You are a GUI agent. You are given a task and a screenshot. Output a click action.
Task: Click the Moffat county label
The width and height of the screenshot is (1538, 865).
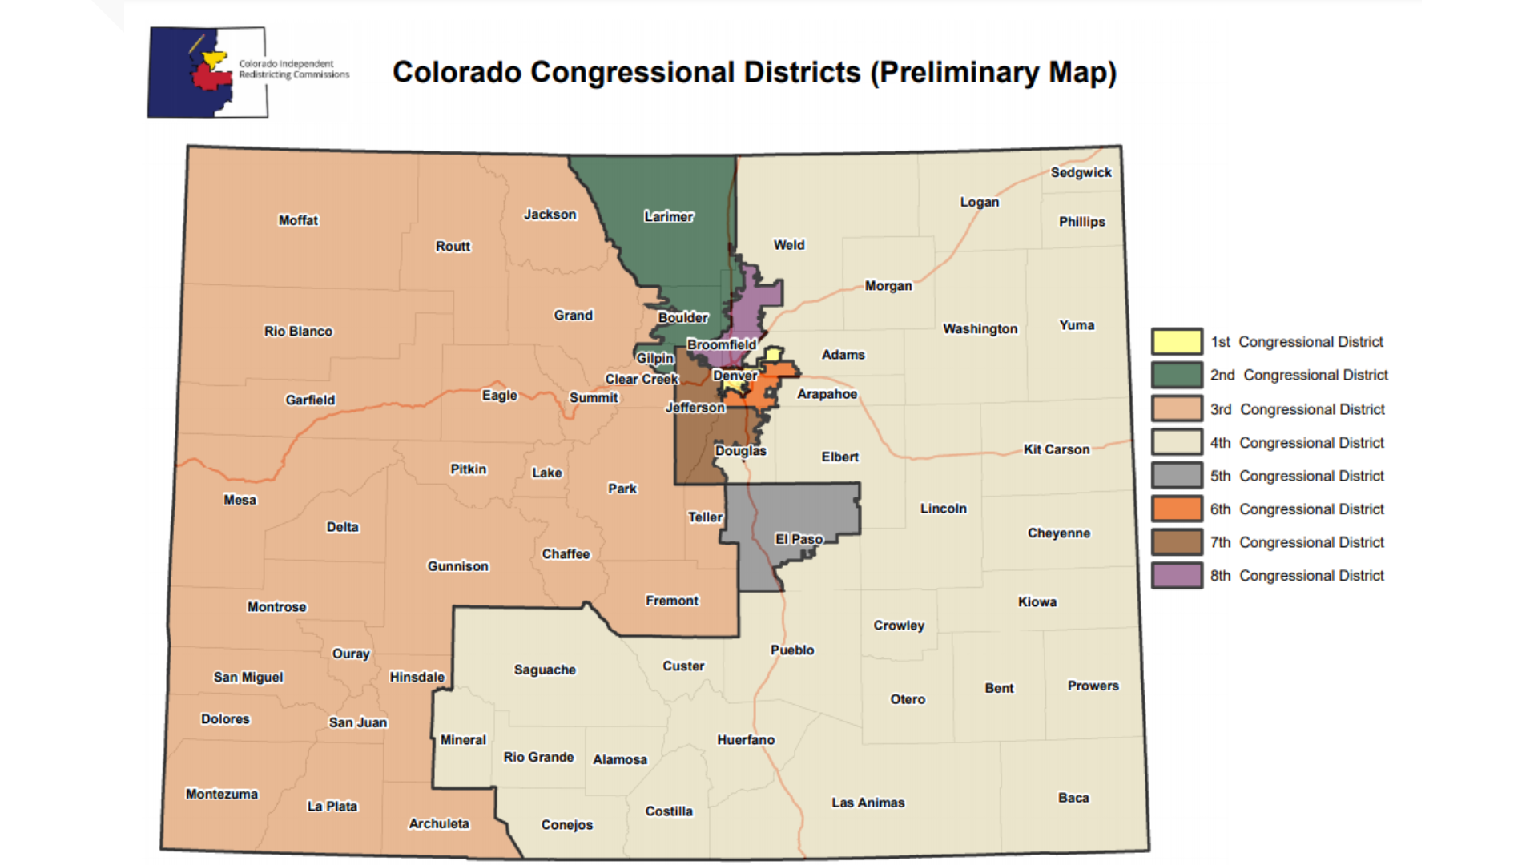pyautogui.click(x=298, y=220)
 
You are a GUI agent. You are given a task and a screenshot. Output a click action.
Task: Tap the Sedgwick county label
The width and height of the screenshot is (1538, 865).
pyautogui.click(x=1081, y=172)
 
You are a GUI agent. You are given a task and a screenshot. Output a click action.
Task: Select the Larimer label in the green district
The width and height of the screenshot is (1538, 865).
pyautogui.click(x=668, y=216)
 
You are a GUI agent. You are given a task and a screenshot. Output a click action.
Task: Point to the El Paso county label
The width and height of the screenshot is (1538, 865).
pyautogui.click(x=799, y=539)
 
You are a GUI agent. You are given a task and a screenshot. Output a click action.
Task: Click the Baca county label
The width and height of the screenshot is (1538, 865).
pyautogui.click(x=1073, y=798)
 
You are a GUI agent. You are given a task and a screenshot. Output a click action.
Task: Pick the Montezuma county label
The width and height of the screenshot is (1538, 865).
pyautogui.click(x=222, y=794)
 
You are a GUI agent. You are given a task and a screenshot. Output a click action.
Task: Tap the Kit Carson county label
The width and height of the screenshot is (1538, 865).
pyautogui.click(x=1057, y=449)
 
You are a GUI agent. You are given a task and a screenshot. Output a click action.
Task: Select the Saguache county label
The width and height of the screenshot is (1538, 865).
pyautogui.click(x=545, y=670)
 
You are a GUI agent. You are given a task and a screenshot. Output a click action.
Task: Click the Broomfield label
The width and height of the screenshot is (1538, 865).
pyautogui.click(x=721, y=344)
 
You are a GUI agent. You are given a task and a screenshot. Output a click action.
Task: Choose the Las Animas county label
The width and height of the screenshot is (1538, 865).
pyautogui.click(x=868, y=803)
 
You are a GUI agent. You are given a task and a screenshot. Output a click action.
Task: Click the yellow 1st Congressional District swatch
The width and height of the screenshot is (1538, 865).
pyautogui.click(x=1177, y=341)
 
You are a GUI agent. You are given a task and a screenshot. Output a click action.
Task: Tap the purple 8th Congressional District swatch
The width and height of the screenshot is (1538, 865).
pyautogui.click(x=1177, y=575)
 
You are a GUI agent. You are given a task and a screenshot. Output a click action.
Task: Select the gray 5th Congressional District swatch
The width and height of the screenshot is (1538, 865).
pyautogui.click(x=1177, y=476)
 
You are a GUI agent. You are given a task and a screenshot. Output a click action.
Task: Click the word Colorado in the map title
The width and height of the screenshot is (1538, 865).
pyautogui.click(x=457, y=72)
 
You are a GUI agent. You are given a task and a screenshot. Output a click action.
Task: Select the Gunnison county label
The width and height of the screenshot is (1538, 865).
pyautogui.click(x=457, y=566)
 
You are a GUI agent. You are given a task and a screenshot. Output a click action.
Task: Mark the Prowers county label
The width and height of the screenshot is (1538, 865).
pyautogui.click(x=1093, y=686)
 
